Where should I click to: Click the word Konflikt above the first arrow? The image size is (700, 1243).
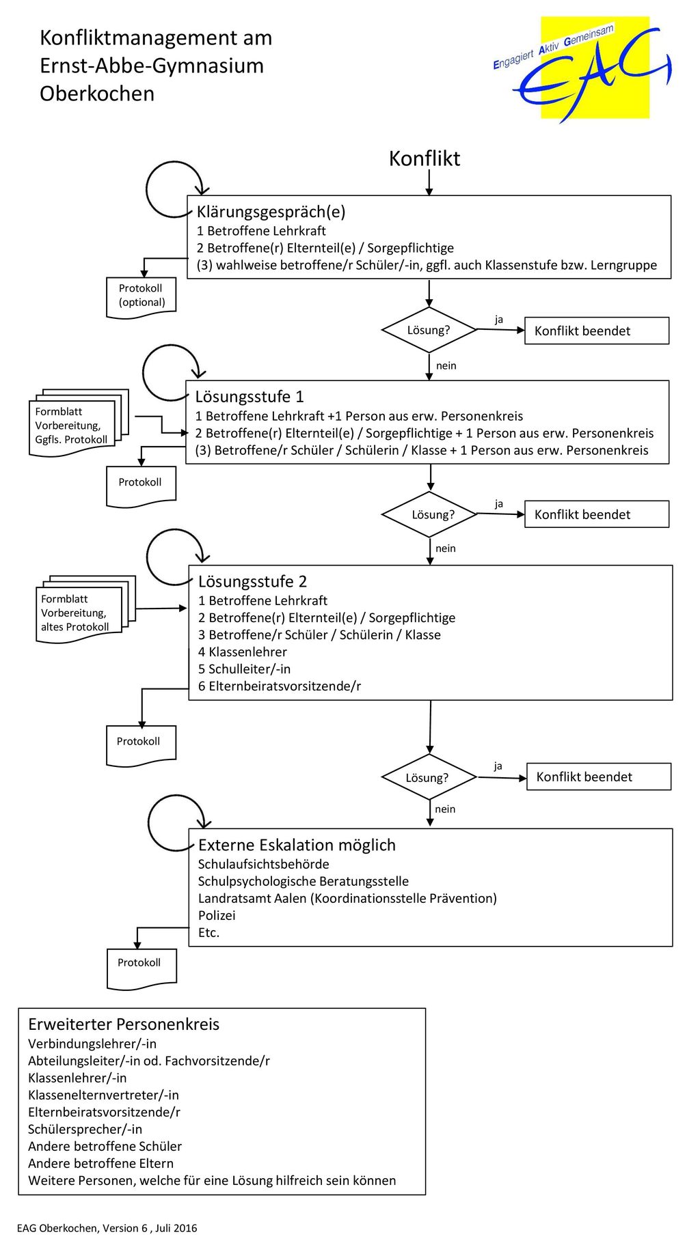(425, 158)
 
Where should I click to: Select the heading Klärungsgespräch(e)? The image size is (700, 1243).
(271, 212)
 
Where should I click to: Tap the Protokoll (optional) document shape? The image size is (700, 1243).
(142, 297)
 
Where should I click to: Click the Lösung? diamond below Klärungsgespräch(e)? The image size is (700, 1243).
(429, 330)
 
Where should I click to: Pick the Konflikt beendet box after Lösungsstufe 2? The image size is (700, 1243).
(599, 777)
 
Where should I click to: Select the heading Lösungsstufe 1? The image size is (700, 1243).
(250, 397)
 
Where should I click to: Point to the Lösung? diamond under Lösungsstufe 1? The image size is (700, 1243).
(429, 514)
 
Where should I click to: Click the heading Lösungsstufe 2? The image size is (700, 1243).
(253, 582)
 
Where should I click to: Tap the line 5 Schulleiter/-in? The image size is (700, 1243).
(244, 669)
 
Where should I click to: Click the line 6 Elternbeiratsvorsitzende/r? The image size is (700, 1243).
(280, 686)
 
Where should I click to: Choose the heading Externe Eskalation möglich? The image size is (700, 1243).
(297, 846)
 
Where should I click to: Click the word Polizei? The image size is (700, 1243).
(217, 916)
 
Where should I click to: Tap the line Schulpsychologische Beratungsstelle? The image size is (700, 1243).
(304, 882)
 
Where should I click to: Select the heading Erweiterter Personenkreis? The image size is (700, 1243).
(124, 1024)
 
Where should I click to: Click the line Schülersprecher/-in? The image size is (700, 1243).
(85, 1130)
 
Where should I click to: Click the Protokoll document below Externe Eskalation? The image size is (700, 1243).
(142, 968)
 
